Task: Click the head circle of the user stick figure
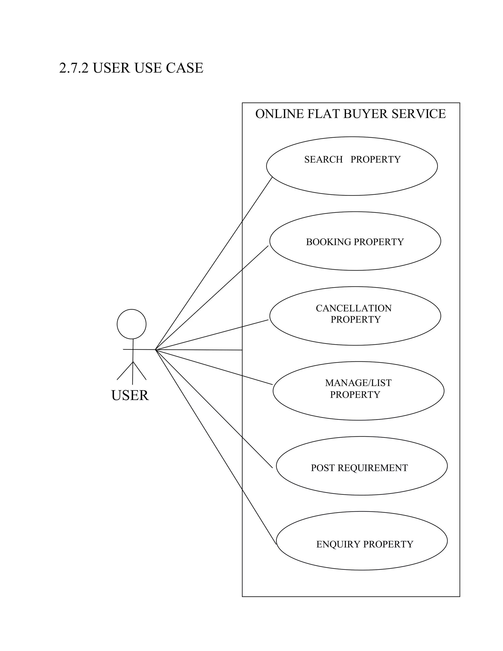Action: pyautogui.click(x=131, y=324)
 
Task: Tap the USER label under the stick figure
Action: pyautogui.click(x=130, y=395)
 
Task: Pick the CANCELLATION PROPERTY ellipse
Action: pyautogui.click(x=355, y=331)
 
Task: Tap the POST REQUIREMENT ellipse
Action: pyautogui.click(x=362, y=480)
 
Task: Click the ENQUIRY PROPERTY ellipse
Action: pyautogui.click(x=362, y=554)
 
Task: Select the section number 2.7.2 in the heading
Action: pyautogui.click(x=74, y=68)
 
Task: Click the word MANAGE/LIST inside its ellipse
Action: pyautogui.click(x=358, y=383)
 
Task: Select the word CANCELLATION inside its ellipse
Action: pyautogui.click(x=354, y=308)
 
